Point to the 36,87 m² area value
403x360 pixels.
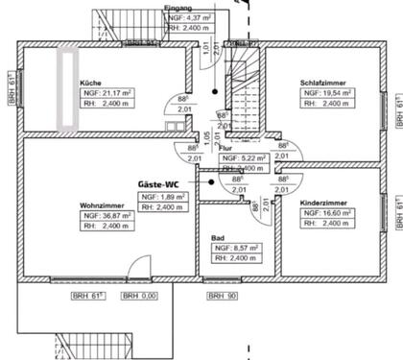tap(119, 216)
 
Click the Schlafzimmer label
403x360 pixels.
tap(320, 83)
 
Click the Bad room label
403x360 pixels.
tap(218, 238)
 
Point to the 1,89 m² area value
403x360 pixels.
tap(173, 196)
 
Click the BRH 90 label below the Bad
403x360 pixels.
tap(222, 296)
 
